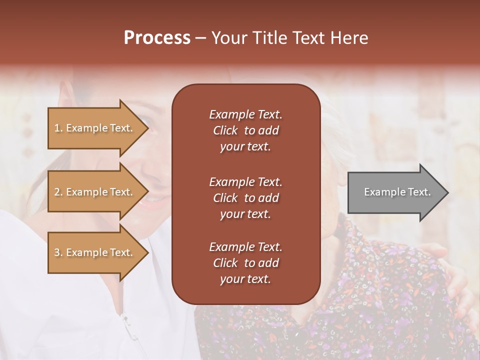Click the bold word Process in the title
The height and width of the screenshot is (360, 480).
click(157, 38)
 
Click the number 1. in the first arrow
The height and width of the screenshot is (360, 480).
click(58, 128)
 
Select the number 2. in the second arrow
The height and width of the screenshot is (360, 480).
click(58, 192)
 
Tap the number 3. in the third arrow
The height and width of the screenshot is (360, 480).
click(58, 252)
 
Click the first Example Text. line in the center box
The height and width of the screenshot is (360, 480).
click(245, 114)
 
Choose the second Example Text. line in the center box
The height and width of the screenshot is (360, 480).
click(245, 182)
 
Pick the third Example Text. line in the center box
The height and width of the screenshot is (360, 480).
click(245, 247)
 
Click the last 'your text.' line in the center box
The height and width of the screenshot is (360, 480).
click(245, 279)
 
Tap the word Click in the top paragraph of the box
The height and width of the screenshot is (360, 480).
click(225, 130)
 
